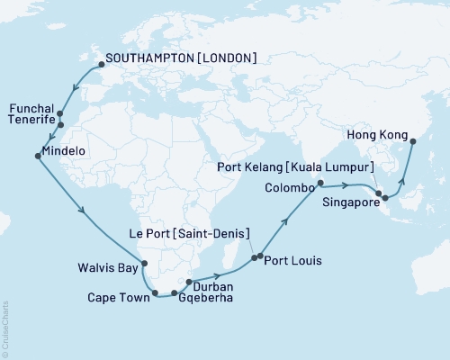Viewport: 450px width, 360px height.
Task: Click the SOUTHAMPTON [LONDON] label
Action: pos(181,58)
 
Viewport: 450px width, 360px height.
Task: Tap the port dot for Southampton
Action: pos(101,64)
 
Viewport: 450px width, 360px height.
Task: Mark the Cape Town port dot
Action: pos(156,292)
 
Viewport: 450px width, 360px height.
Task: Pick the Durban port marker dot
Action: pos(187,283)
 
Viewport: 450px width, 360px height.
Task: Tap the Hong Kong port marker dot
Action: pos(412,140)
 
